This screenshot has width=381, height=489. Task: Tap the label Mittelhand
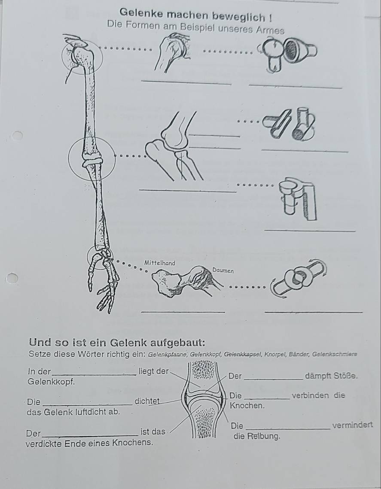[x=159, y=263]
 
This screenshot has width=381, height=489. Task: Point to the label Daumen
[x=223, y=270]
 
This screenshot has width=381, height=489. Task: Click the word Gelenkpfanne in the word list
[x=167, y=354]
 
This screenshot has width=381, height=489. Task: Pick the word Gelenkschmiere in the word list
[x=335, y=354]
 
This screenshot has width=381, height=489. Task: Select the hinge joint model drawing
[x=289, y=124]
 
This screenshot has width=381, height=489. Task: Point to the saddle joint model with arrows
[x=298, y=279]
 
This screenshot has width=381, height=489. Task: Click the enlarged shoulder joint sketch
[x=172, y=52]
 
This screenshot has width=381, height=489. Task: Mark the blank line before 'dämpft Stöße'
[x=274, y=379]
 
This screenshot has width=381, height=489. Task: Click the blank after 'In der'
[x=94, y=374]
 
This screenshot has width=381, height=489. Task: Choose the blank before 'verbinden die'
[x=268, y=398]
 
